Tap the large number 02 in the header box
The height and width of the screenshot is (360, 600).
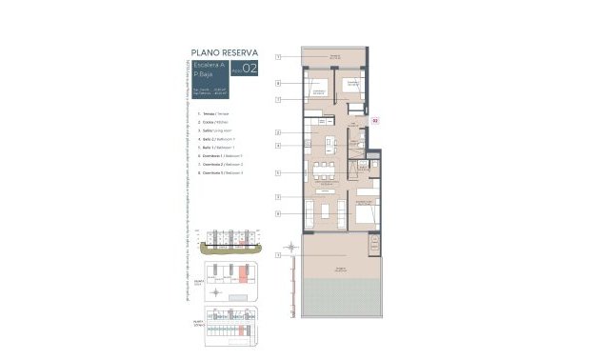click(250, 69)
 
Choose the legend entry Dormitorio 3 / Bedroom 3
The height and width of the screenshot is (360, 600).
click(218, 172)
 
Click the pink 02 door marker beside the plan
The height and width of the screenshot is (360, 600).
click(375, 121)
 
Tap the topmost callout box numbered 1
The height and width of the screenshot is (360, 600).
click(279, 57)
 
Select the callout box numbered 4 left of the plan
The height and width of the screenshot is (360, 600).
click(279, 146)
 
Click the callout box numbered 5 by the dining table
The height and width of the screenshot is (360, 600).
click(279, 172)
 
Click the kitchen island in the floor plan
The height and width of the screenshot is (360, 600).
click(330, 146)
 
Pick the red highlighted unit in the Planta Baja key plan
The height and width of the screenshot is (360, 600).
click(244, 274)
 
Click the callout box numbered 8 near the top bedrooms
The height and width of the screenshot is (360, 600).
click(279, 83)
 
